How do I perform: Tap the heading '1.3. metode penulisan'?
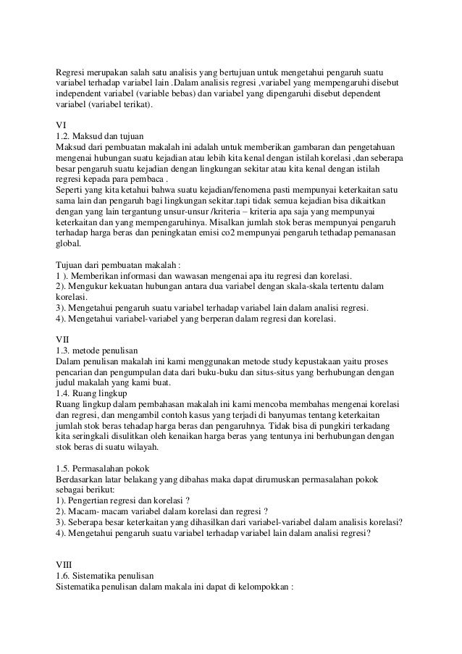coord(101,350)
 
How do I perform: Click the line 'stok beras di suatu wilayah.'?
coord(110,445)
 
